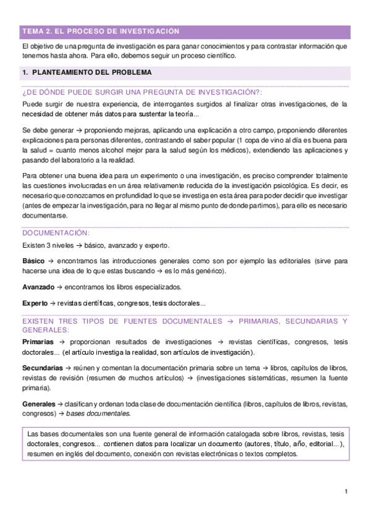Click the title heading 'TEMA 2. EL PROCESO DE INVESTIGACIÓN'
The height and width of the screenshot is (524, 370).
click(100, 31)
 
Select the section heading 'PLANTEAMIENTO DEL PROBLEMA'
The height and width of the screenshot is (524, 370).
click(91, 72)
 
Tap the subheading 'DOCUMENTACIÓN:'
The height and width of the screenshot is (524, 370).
click(56, 233)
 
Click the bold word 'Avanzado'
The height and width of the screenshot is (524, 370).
click(38, 287)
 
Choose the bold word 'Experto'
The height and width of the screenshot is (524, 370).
click(35, 303)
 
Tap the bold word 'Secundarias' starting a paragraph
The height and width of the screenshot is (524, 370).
click(42, 368)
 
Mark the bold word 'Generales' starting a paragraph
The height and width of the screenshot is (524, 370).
click(38, 403)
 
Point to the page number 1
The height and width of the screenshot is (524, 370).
click(347, 491)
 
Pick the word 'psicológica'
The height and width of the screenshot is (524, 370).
click(288, 185)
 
